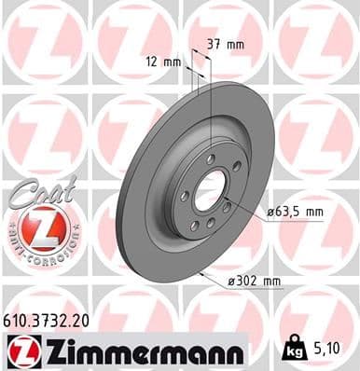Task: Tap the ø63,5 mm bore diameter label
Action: pos(296,212)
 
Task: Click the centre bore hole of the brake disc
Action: pos(211,184)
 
